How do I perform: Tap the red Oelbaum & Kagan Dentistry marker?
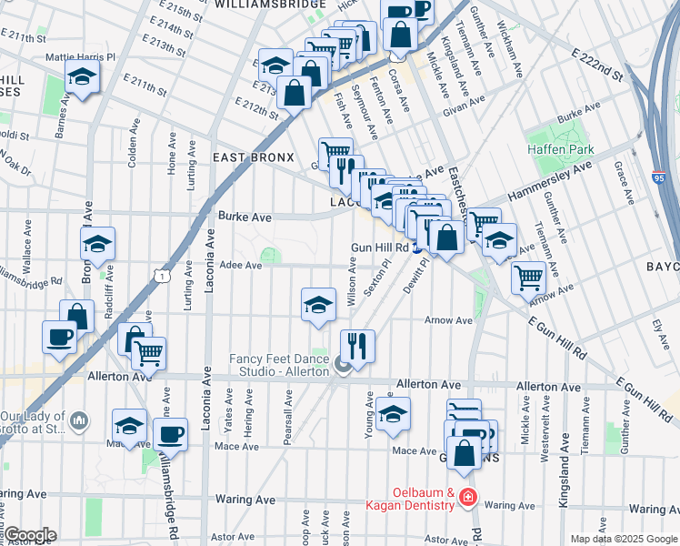pyautogui.click(x=467, y=498)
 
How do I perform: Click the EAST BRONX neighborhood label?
pyautogui.click(x=254, y=157)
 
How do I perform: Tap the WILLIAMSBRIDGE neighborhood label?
pyautogui.click(x=270, y=5)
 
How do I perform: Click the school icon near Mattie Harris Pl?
pyautogui.click(x=83, y=77)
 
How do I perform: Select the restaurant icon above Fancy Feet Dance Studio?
pyautogui.click(x=356, y=345)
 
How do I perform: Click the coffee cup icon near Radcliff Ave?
pyautogui.click(x=60, y=336)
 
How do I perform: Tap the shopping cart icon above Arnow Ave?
pyautogui.click(x=528, y=276)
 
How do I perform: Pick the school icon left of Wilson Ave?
pyautogui.click(x=318, y=304)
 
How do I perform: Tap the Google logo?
pyautogui.click(x=29, y=535)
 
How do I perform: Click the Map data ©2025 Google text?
pyautogui.click(x=623, y=539)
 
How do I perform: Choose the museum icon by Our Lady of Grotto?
pyautogui.click(x=78, y=420)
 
